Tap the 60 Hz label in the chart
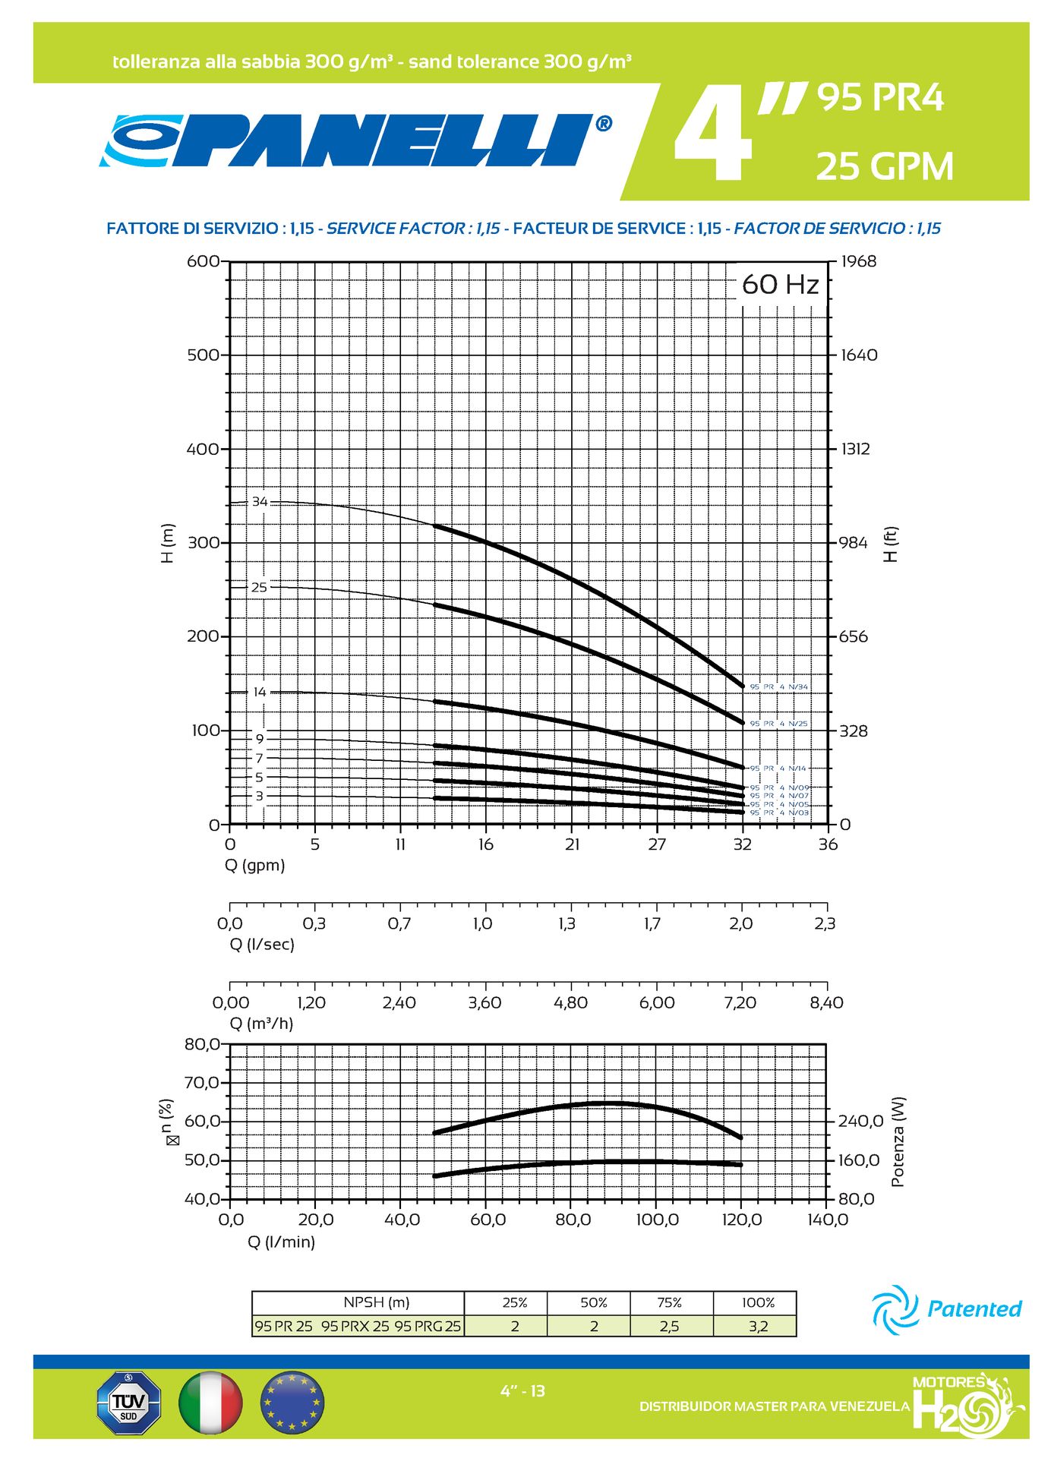click(x=781, y=285)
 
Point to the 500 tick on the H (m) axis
click(x=203, y=355)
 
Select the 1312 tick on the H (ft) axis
click(x=855, y=449)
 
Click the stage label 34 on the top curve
click(x=260, y=502)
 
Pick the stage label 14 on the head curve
click(x=260, y=692)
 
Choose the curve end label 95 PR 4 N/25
click(x=778, y=724)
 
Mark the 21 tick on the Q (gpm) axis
click(x=572, y=844)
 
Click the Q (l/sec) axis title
click(x=262, y=944)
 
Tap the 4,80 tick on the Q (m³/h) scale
click(x=570, y=1002)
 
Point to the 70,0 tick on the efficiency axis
click(x=202, y=1082)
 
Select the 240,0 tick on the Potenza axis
click(x=860, y=1121)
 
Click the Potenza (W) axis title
click(x=898, y=1141)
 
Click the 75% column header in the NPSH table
click(x=670, y=1302)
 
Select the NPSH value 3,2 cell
click(x=758, y=1326)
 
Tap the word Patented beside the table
click(x=974, y=1308)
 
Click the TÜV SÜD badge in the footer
click(x=129, y=1402)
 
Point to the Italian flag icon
click(x=210, y=1402)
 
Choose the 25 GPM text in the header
click(x=885, y=166)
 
